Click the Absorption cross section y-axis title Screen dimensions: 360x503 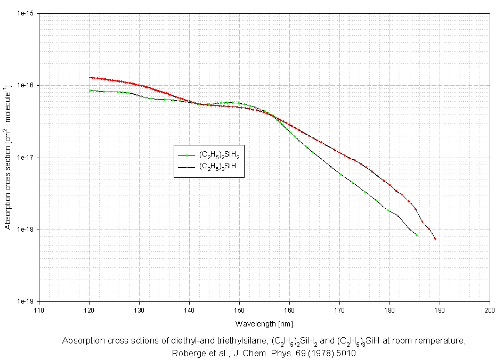tap(8, 157)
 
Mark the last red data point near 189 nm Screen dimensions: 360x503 tap(435, 239)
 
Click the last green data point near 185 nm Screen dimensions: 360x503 tap(417, 235)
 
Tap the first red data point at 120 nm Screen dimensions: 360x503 tap(90, 77)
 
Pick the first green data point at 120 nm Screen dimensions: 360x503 tap(90, 91)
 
